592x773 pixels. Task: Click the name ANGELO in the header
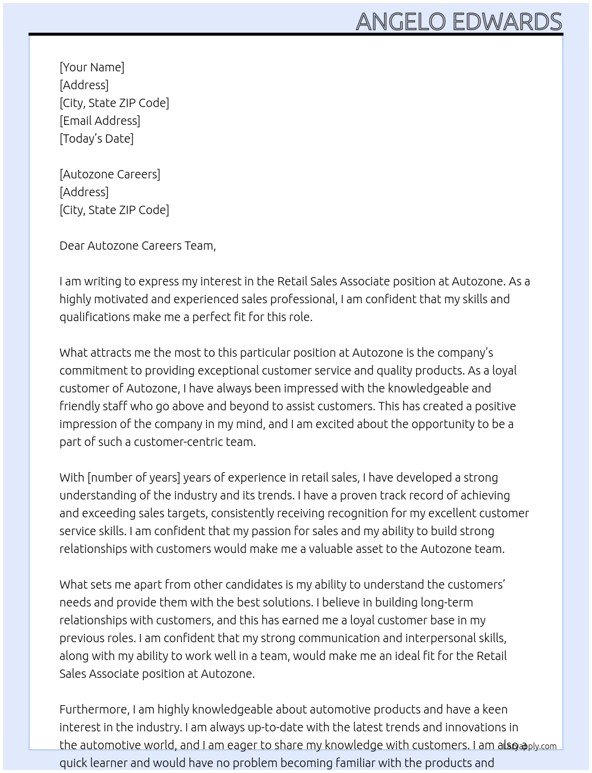[401, 22]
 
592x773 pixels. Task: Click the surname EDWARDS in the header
[507, 22]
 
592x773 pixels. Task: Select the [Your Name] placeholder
[92, 67]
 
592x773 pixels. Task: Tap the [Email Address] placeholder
[100, 121]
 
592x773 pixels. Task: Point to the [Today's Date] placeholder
[96, 139]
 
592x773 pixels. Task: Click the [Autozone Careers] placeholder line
[110, 174]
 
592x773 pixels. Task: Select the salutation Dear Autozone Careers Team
[137, 246]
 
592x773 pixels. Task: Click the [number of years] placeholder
[134, 477]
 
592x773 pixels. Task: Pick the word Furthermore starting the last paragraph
[94, 709]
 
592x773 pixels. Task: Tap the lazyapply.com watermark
[530, 746]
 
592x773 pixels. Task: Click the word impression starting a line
[88, 424]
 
